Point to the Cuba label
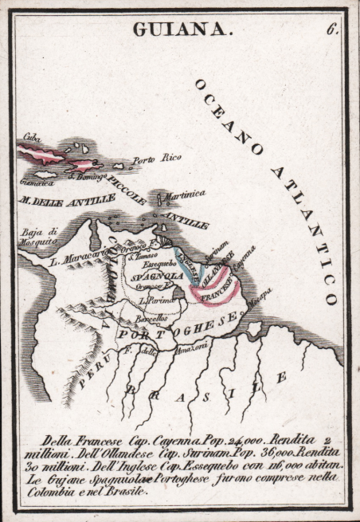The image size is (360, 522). point(32,137)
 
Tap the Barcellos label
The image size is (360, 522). point(150,318)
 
